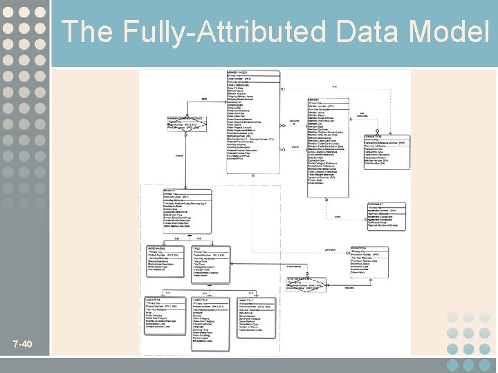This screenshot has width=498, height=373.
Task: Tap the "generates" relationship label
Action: [x=331, y=249]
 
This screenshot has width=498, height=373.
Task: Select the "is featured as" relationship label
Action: [x=294, y=267]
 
